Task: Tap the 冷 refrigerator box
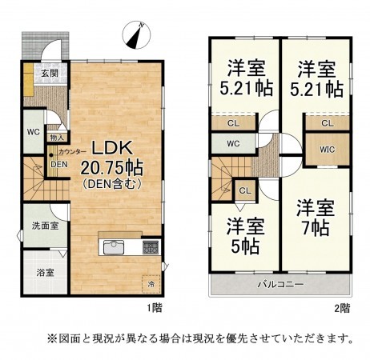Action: [x=151, y=282]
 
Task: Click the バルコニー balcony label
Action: [x=280, y=284]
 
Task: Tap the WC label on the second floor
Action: [x=233, y=144]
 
